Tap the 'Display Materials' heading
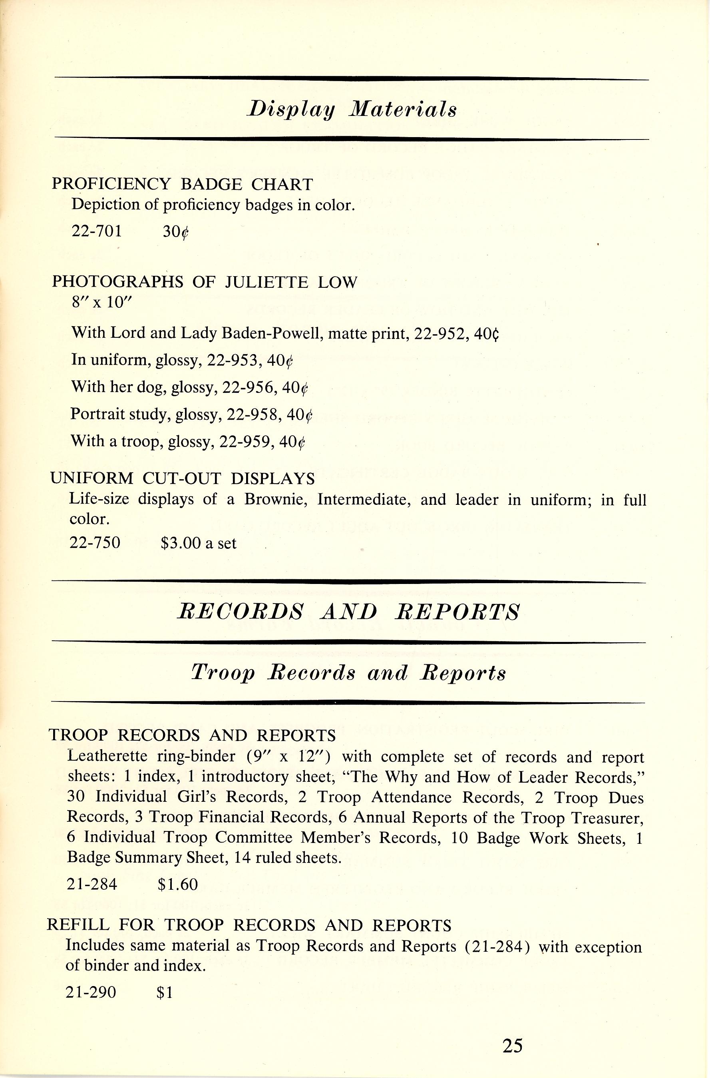(x=351, y=110)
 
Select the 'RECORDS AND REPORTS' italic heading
(x=348, y=612)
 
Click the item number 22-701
(x=97, y=231)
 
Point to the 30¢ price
(x=175, y=232)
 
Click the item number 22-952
(x=438, y=334)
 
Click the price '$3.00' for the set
(x=180, y=543)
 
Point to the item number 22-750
(x=95, y=543)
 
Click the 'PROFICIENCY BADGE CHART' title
(x=182, y=184)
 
